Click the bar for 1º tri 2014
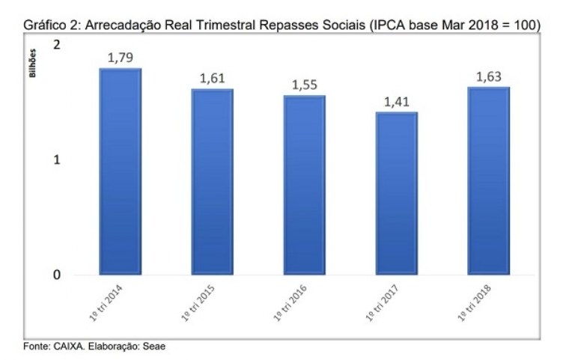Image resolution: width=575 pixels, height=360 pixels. point(121,172)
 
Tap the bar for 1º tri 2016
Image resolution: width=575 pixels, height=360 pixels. point(304,185)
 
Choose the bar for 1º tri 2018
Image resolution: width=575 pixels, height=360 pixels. point(488,181)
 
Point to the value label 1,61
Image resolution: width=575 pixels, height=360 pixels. point(213,78)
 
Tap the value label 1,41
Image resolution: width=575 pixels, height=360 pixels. point(397,101)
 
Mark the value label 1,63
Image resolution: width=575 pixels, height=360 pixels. point(489,76)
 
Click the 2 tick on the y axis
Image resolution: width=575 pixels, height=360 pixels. point(58,45)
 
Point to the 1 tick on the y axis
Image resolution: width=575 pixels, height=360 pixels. point(58,160)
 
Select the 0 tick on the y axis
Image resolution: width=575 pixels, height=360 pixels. point(58,275)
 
